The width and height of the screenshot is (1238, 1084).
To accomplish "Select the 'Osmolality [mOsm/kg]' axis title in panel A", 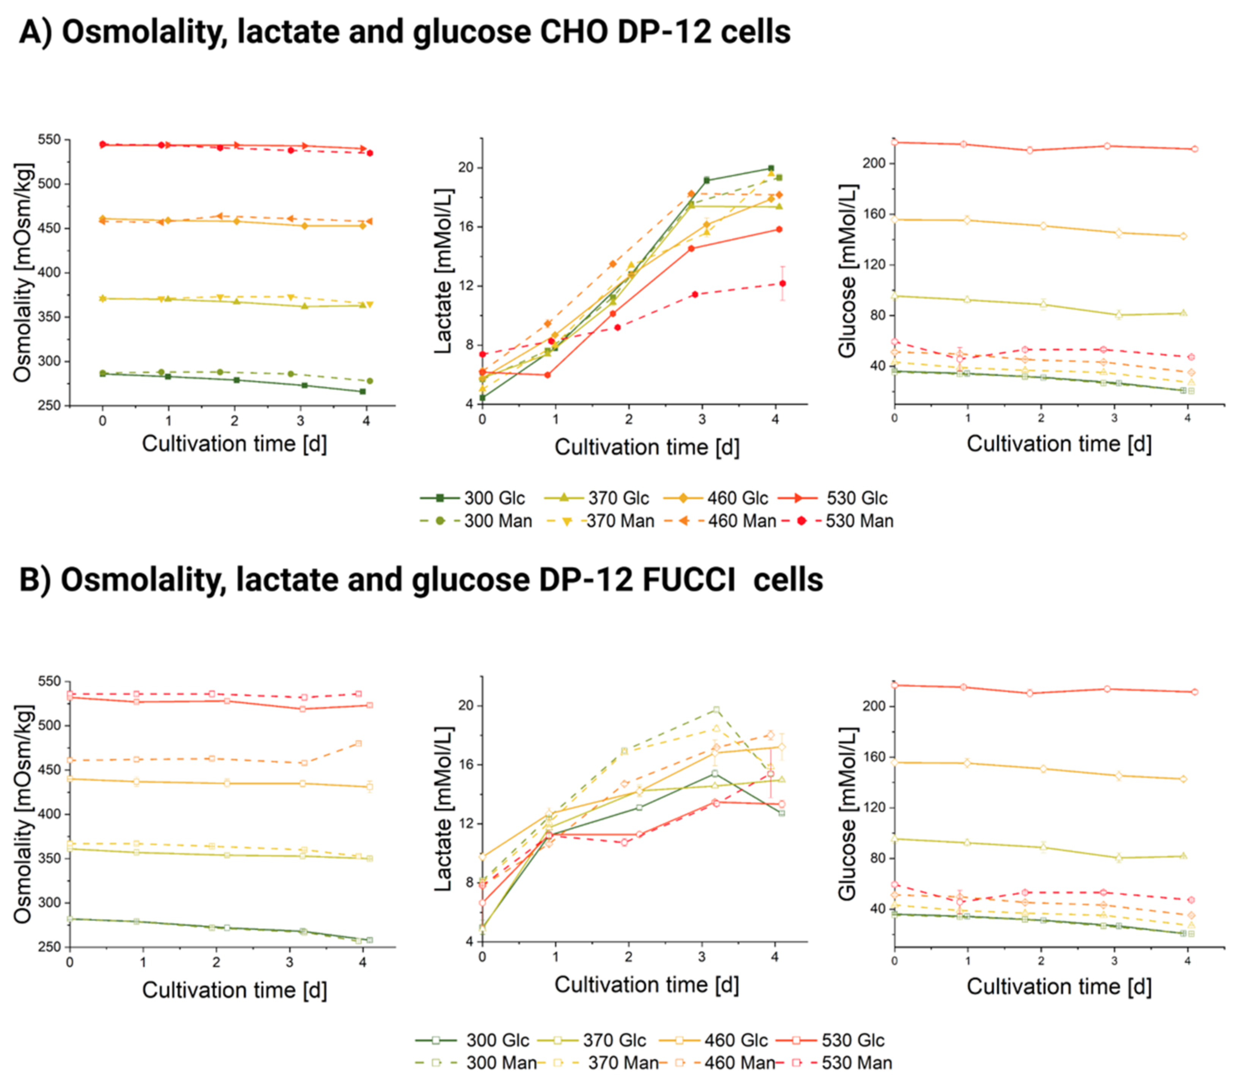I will pos(22,272).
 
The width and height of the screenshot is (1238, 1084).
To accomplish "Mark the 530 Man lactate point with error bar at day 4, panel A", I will pos(782,283).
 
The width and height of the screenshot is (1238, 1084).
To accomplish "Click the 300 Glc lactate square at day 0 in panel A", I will pos(482,398).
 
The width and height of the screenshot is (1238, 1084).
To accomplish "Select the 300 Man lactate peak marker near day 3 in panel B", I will pos(716,710).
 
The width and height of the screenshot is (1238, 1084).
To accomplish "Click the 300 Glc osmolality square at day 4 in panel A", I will pos(362,391).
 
